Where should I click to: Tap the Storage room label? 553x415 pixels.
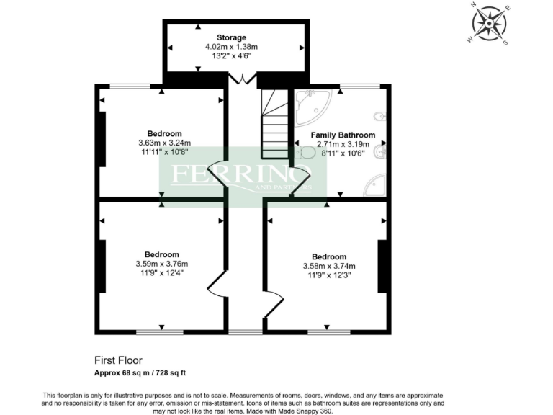pyautogui.click(x=232, y=37)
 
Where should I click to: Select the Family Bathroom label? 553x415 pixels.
pyautogui.click(x=343, y=135)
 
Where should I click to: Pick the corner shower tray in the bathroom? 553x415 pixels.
pyautogui.click(x=376, y=185)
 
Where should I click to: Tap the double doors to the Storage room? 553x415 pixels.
pyautogui.click(x=246, y=77)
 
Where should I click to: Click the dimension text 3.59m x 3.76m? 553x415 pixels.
pyautogui.click(x=161, y=264)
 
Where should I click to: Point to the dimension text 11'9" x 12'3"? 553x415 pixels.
pyautogui.click(x=328, y=275)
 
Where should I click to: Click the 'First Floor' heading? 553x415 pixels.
pyautogui.click(x=119, y=360)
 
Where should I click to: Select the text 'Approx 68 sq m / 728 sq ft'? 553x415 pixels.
pyautogui.click(x=141, y=372)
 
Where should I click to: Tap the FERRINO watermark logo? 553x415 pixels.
pyautogui.click(x=240, y=175)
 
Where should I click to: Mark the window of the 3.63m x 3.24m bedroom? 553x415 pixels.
pyautogui.click(x=130, y=86)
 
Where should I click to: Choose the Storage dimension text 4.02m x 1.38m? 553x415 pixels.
pyautogui.click(x=231, y=47)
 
